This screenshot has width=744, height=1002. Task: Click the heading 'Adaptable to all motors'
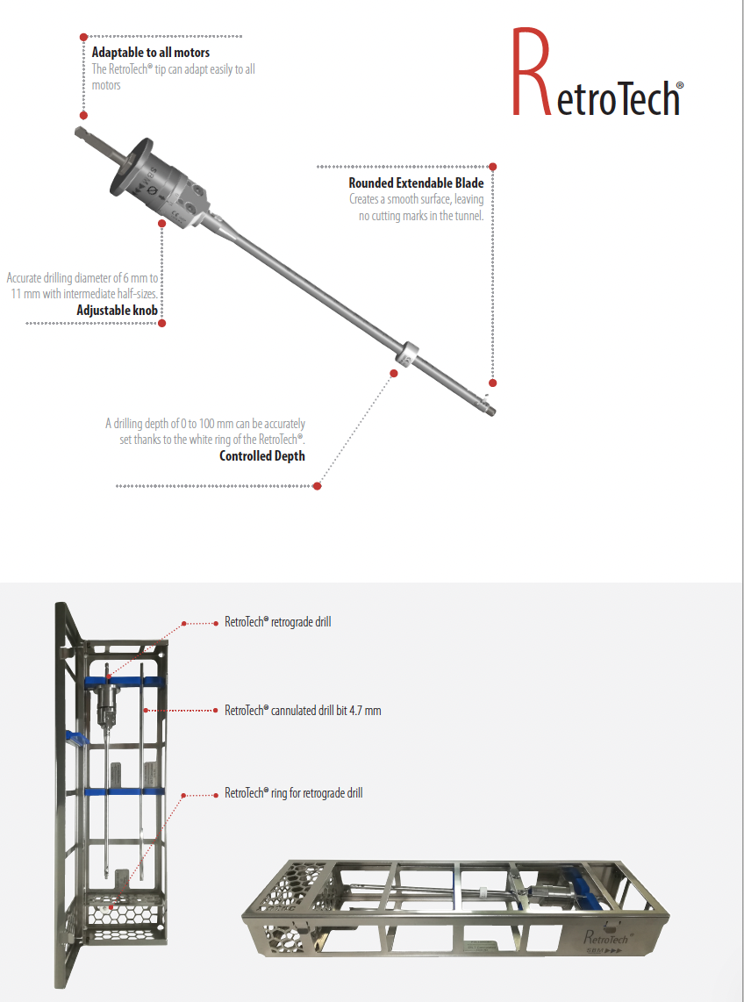151,54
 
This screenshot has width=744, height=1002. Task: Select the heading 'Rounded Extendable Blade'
416,183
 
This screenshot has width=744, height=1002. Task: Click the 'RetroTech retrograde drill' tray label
277,622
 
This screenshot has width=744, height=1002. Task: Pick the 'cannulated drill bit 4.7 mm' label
303,710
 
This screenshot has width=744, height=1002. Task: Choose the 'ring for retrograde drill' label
293,793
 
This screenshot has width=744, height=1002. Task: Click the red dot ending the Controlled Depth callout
318,485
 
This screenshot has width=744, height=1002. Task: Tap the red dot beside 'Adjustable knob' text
162,323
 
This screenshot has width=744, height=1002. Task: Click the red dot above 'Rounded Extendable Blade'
493,166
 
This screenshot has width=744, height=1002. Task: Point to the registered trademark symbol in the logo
680,87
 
